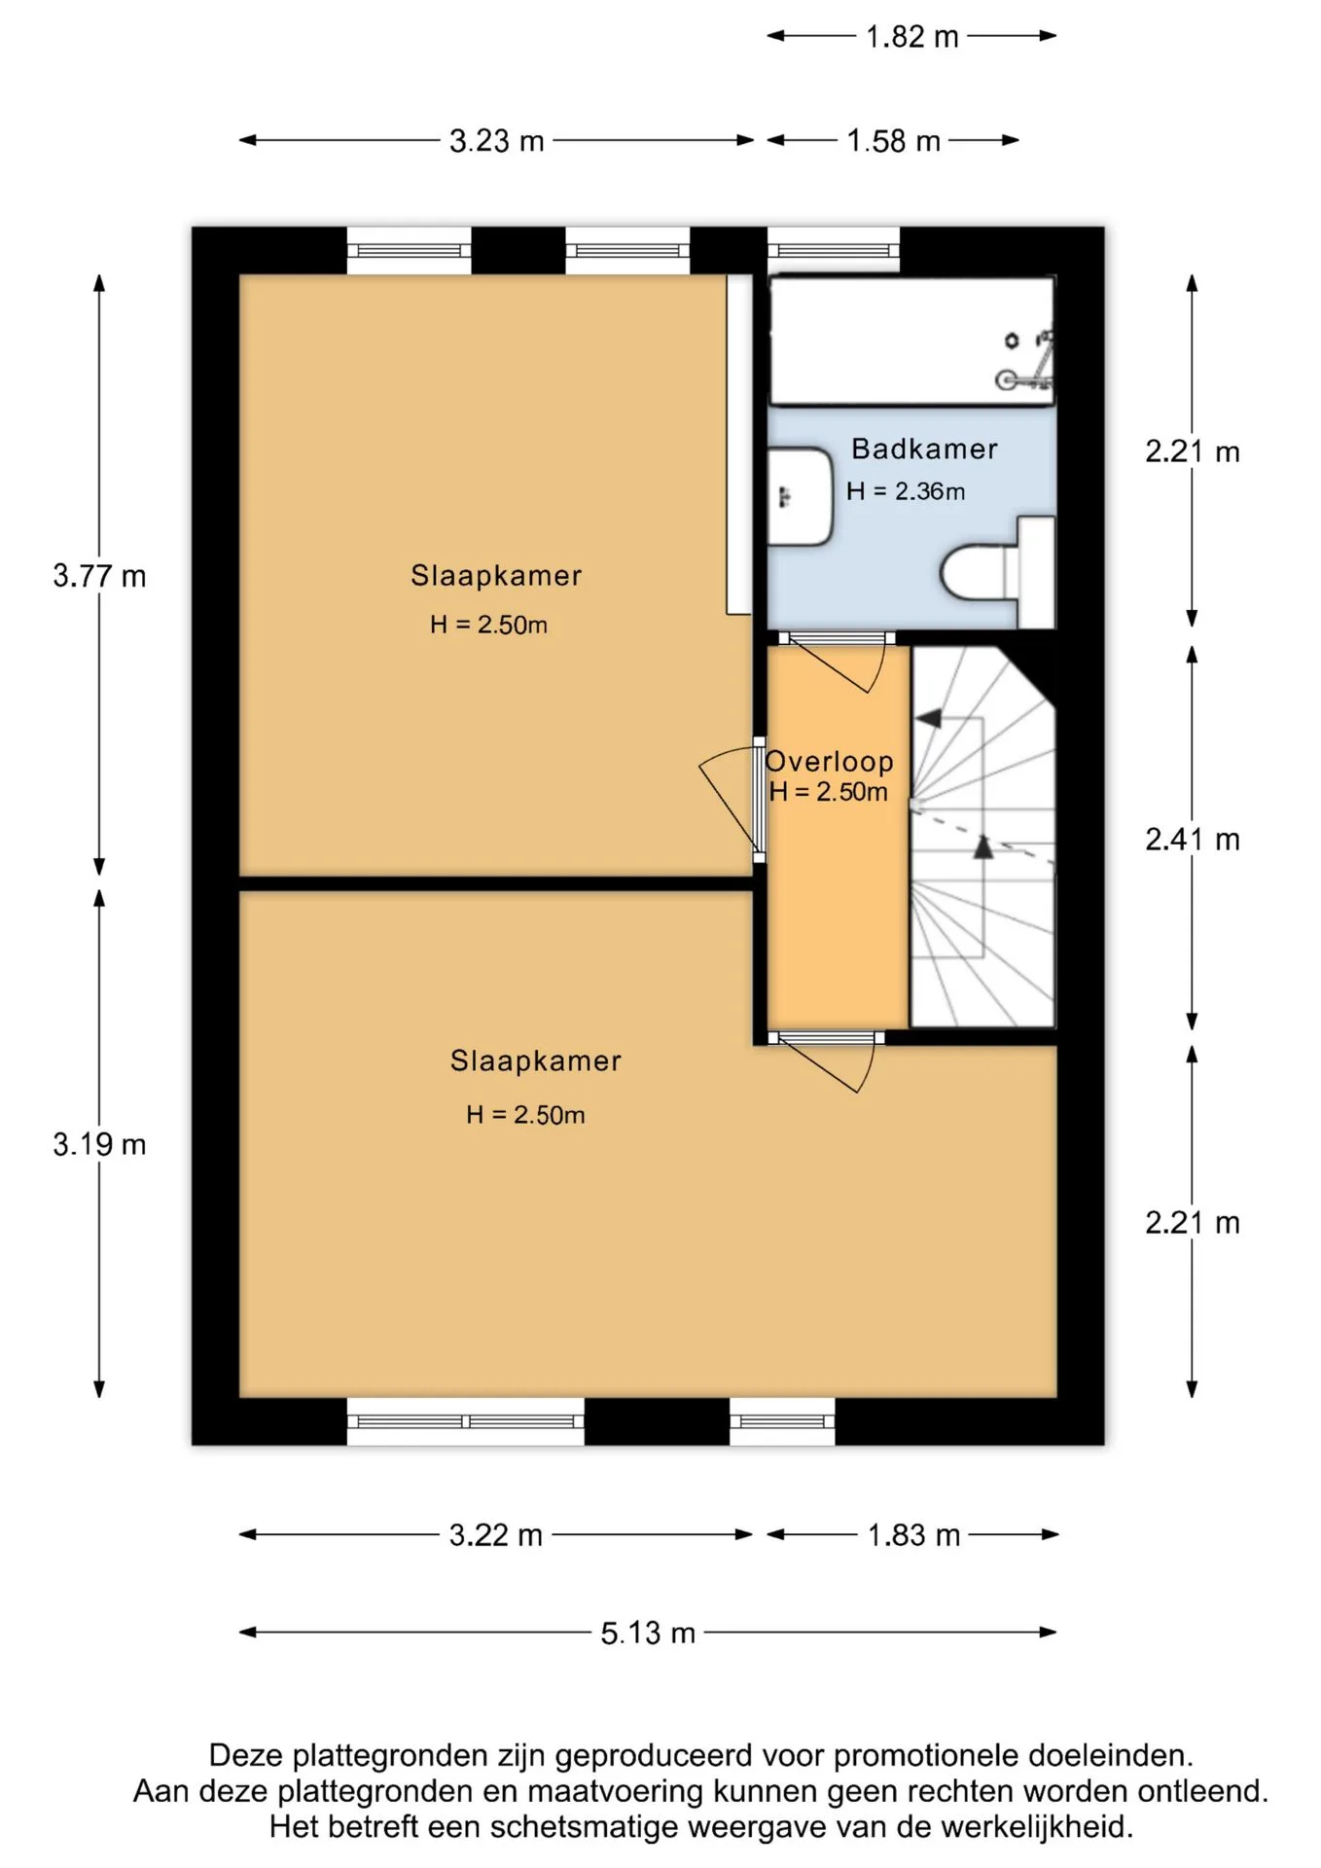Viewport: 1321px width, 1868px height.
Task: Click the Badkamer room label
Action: (924, 449)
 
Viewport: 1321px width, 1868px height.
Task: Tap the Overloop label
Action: (830, 761)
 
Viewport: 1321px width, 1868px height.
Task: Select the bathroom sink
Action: (801, 496)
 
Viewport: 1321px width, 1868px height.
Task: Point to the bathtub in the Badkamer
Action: (911, 341)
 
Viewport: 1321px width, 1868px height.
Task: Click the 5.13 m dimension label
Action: (648, 1633)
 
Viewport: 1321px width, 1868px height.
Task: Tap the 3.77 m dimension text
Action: (99, 576)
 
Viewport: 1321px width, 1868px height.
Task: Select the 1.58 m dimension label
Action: (893, 141)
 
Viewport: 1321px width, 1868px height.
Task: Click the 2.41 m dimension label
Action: (1193, 839)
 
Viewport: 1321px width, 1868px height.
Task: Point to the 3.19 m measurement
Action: (99, 1144)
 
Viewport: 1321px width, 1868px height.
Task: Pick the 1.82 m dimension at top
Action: (912, 37)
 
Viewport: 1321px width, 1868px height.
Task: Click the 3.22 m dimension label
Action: (496, 1535)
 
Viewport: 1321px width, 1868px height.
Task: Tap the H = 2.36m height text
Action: (906, 491)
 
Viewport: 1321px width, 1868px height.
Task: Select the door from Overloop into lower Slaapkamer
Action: (827, 1062)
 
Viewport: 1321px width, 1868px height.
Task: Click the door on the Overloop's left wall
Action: (732, 800)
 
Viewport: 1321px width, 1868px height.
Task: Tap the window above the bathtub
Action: (834, 250)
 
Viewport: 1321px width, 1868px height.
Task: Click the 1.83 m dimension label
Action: (913, 1535)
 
